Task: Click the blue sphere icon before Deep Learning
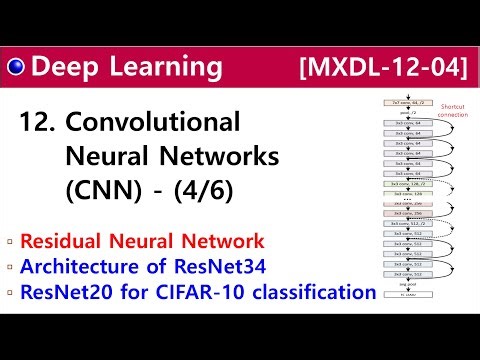(x=16, y=68)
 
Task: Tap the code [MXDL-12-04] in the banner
(x=383, y=69)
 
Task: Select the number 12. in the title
(x=37, y=124)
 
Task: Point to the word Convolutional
(x=153, y=124)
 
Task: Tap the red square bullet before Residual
(x=9, y=241)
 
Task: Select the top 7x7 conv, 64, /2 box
(x=412, y=103)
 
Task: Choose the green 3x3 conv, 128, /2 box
(x=412, y=183)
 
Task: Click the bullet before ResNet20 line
(x=9, y=293)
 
